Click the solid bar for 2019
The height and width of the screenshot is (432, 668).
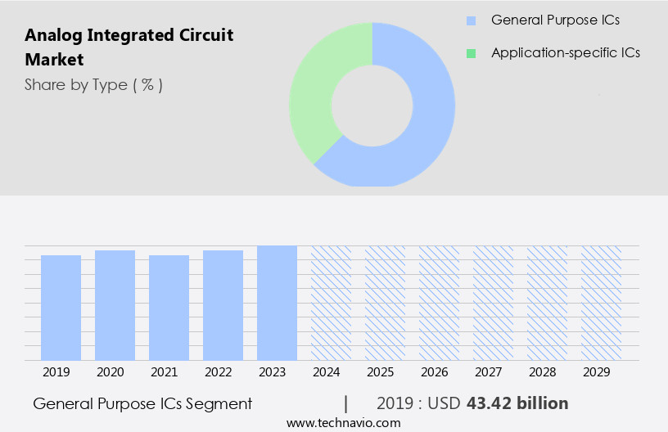tap(61, 308)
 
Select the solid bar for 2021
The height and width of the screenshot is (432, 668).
tap(169, 308)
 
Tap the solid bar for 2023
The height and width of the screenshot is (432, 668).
tap(277, 303)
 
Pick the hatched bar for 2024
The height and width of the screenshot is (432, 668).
tap(331, 303)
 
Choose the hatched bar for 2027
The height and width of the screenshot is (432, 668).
tap(493, 303)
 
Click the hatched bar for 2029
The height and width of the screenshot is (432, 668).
tap(601, 303)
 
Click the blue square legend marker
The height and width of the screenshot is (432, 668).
tap(471, 20)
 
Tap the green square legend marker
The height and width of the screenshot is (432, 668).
tap(471, 53)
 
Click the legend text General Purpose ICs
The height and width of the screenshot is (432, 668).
tap(555, 20)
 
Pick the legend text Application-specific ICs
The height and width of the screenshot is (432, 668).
tap(566, 53)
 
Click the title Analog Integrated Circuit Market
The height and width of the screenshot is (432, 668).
tap(129, 47)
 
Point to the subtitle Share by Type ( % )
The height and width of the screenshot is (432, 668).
tap(93, 85)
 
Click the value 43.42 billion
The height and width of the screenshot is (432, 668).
tap(517, 403)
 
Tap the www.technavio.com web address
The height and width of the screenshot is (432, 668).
tap(344, 423)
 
